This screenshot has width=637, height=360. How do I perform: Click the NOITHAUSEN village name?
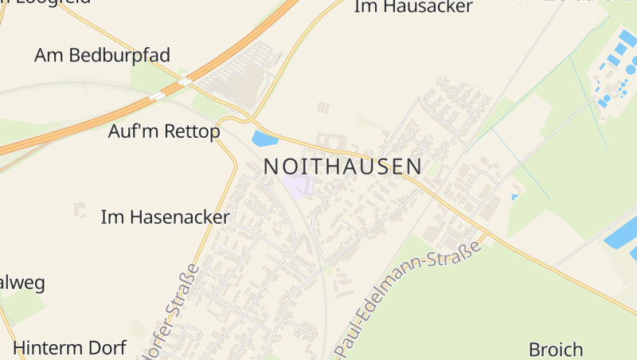click(342, 166)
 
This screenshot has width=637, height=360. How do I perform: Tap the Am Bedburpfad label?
click(102, 55)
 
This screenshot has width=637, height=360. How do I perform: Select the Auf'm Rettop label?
click(164, 131)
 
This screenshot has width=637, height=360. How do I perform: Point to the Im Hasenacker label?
click(166, 217)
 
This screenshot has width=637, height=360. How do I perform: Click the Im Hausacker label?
click(412, 7)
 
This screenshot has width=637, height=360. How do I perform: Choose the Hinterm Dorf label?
click(69, 348)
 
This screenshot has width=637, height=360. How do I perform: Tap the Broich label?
click(556, 349)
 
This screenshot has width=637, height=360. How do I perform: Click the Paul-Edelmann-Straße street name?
click(410, 299)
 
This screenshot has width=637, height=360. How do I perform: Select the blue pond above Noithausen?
click(264, 139)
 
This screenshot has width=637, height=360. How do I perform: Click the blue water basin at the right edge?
click(621, 235)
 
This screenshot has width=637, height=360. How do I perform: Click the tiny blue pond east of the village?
click(514, 196)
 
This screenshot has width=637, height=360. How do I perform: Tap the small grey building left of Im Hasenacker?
click(79, 209)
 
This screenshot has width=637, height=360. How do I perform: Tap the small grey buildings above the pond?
click(322, 108)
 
